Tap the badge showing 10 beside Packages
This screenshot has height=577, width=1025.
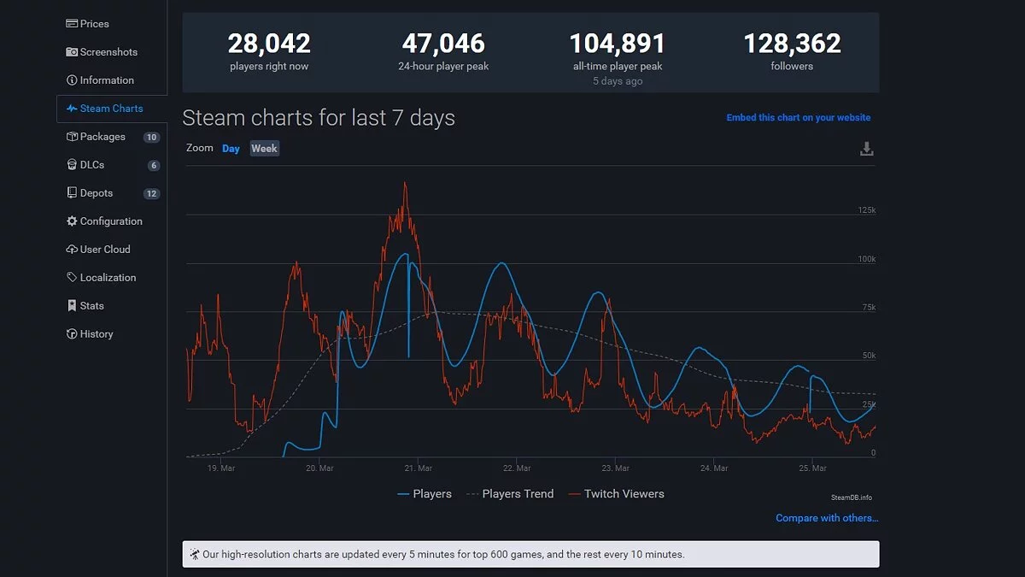[151, 137]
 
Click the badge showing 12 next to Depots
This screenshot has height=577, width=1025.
[151, 193]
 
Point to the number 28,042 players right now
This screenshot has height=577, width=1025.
[269, 43]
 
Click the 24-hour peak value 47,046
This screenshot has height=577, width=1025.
[443, 43]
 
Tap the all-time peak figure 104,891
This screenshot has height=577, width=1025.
[618, 43]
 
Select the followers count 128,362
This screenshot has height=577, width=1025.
[792, 43]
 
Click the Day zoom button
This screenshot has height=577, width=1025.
[231, 149]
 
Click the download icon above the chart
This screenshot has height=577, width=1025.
[866, 150]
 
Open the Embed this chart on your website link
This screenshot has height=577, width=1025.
[799, 118]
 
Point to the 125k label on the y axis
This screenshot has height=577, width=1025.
[866, 210]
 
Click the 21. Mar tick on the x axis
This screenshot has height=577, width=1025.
[418, 468]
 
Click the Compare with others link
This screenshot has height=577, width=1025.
[827, 518]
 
